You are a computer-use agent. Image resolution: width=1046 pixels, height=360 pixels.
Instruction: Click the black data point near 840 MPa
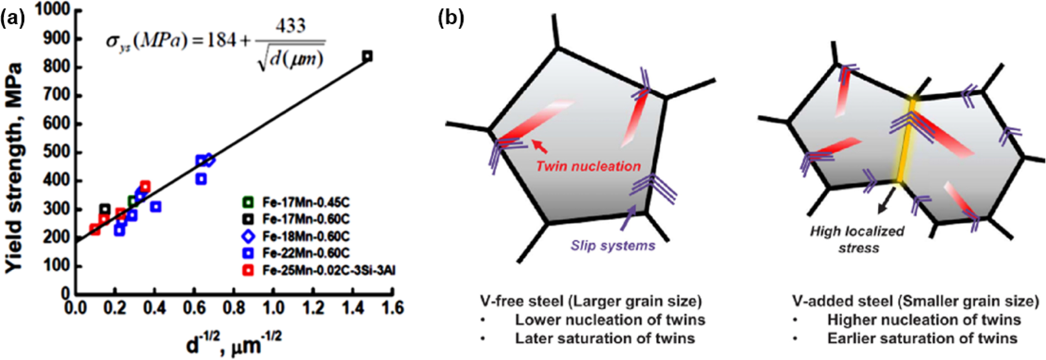[x=368, y=56]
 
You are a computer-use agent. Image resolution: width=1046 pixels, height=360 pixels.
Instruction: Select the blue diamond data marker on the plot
[x=209, y=160]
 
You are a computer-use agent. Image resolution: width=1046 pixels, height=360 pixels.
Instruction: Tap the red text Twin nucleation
[x=588, y=166]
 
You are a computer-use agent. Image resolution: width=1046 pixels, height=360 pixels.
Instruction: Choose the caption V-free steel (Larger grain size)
[x=591, y=301]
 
